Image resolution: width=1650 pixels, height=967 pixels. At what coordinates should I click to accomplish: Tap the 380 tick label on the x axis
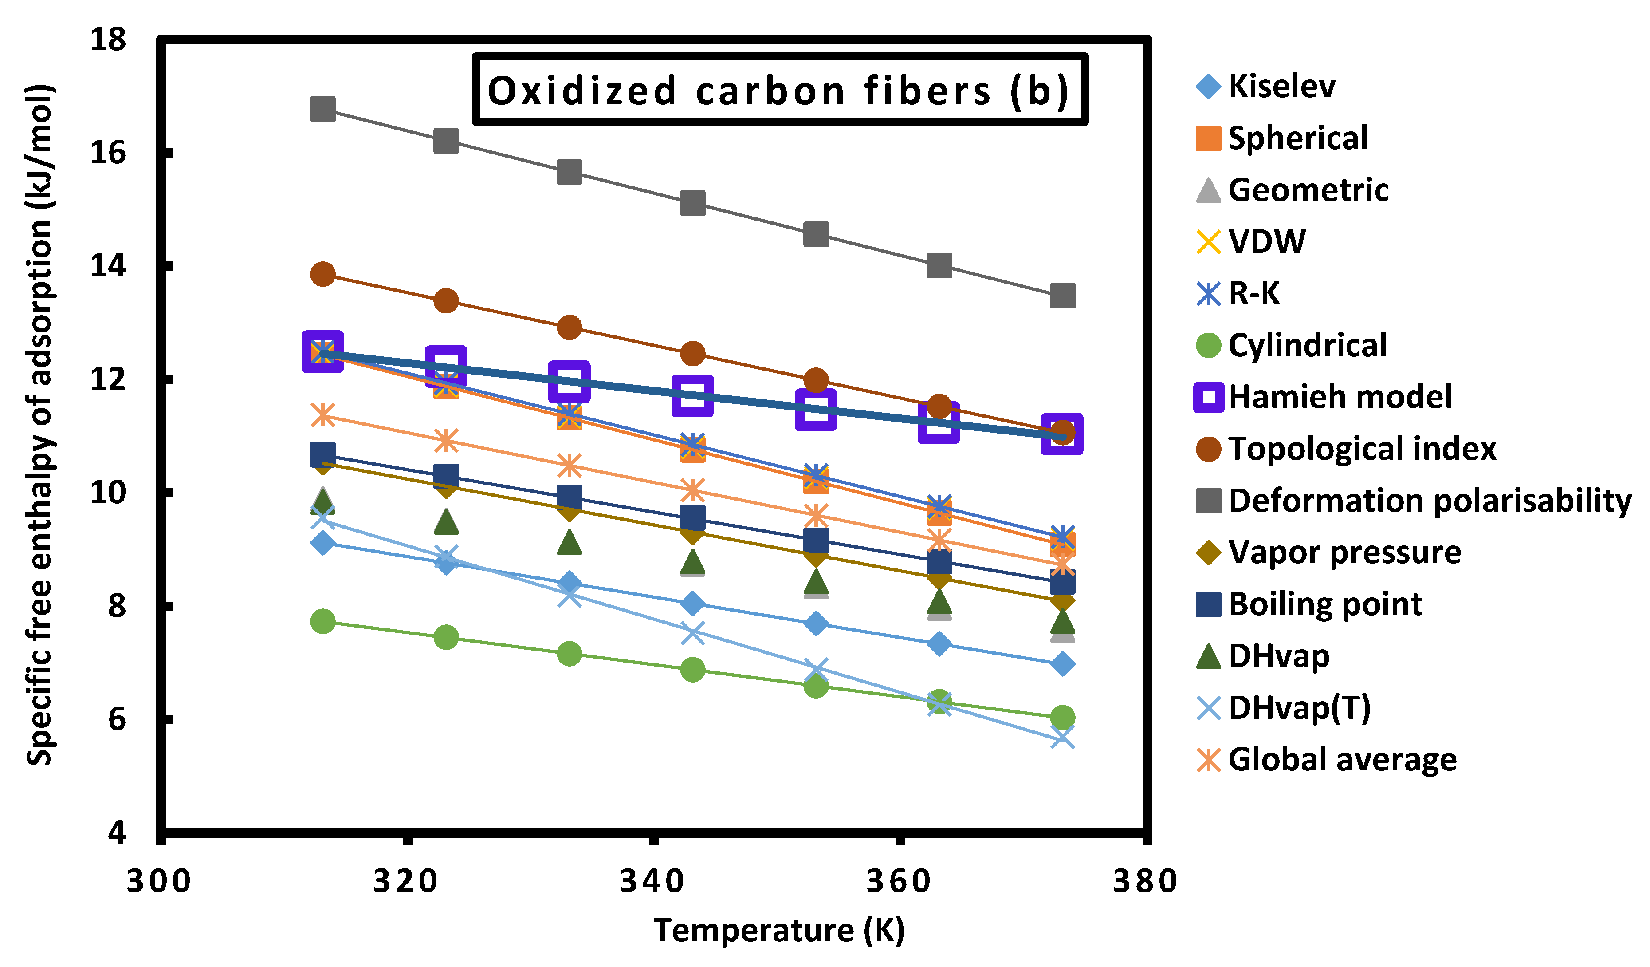pyautogui.click(x=1146, y=881)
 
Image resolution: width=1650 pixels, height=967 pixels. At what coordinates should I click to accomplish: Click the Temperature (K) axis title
pyautogui.click(x=779, y=930)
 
